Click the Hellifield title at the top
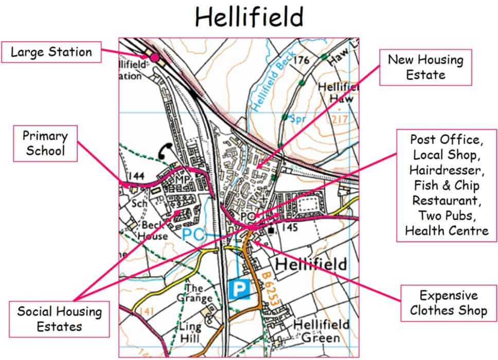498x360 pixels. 249,17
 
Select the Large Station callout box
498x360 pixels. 51,52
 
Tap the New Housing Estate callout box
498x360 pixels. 425,67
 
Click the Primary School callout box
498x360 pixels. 45,143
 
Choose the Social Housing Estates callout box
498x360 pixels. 60,318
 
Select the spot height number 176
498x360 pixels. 302,61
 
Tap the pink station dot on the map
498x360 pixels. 154,58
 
